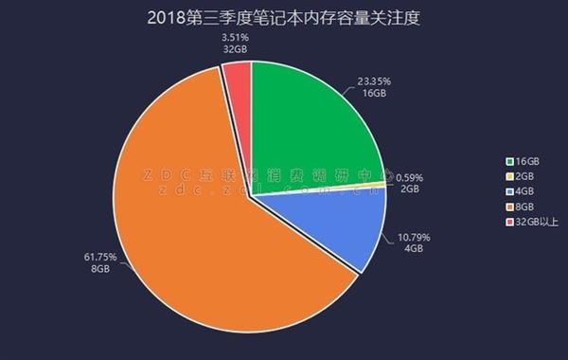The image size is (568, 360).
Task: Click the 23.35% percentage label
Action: [375, 82]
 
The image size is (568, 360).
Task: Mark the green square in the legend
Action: [510, 161]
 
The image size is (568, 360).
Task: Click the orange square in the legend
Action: [510, 207]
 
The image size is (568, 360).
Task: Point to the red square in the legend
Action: [510, 222]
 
